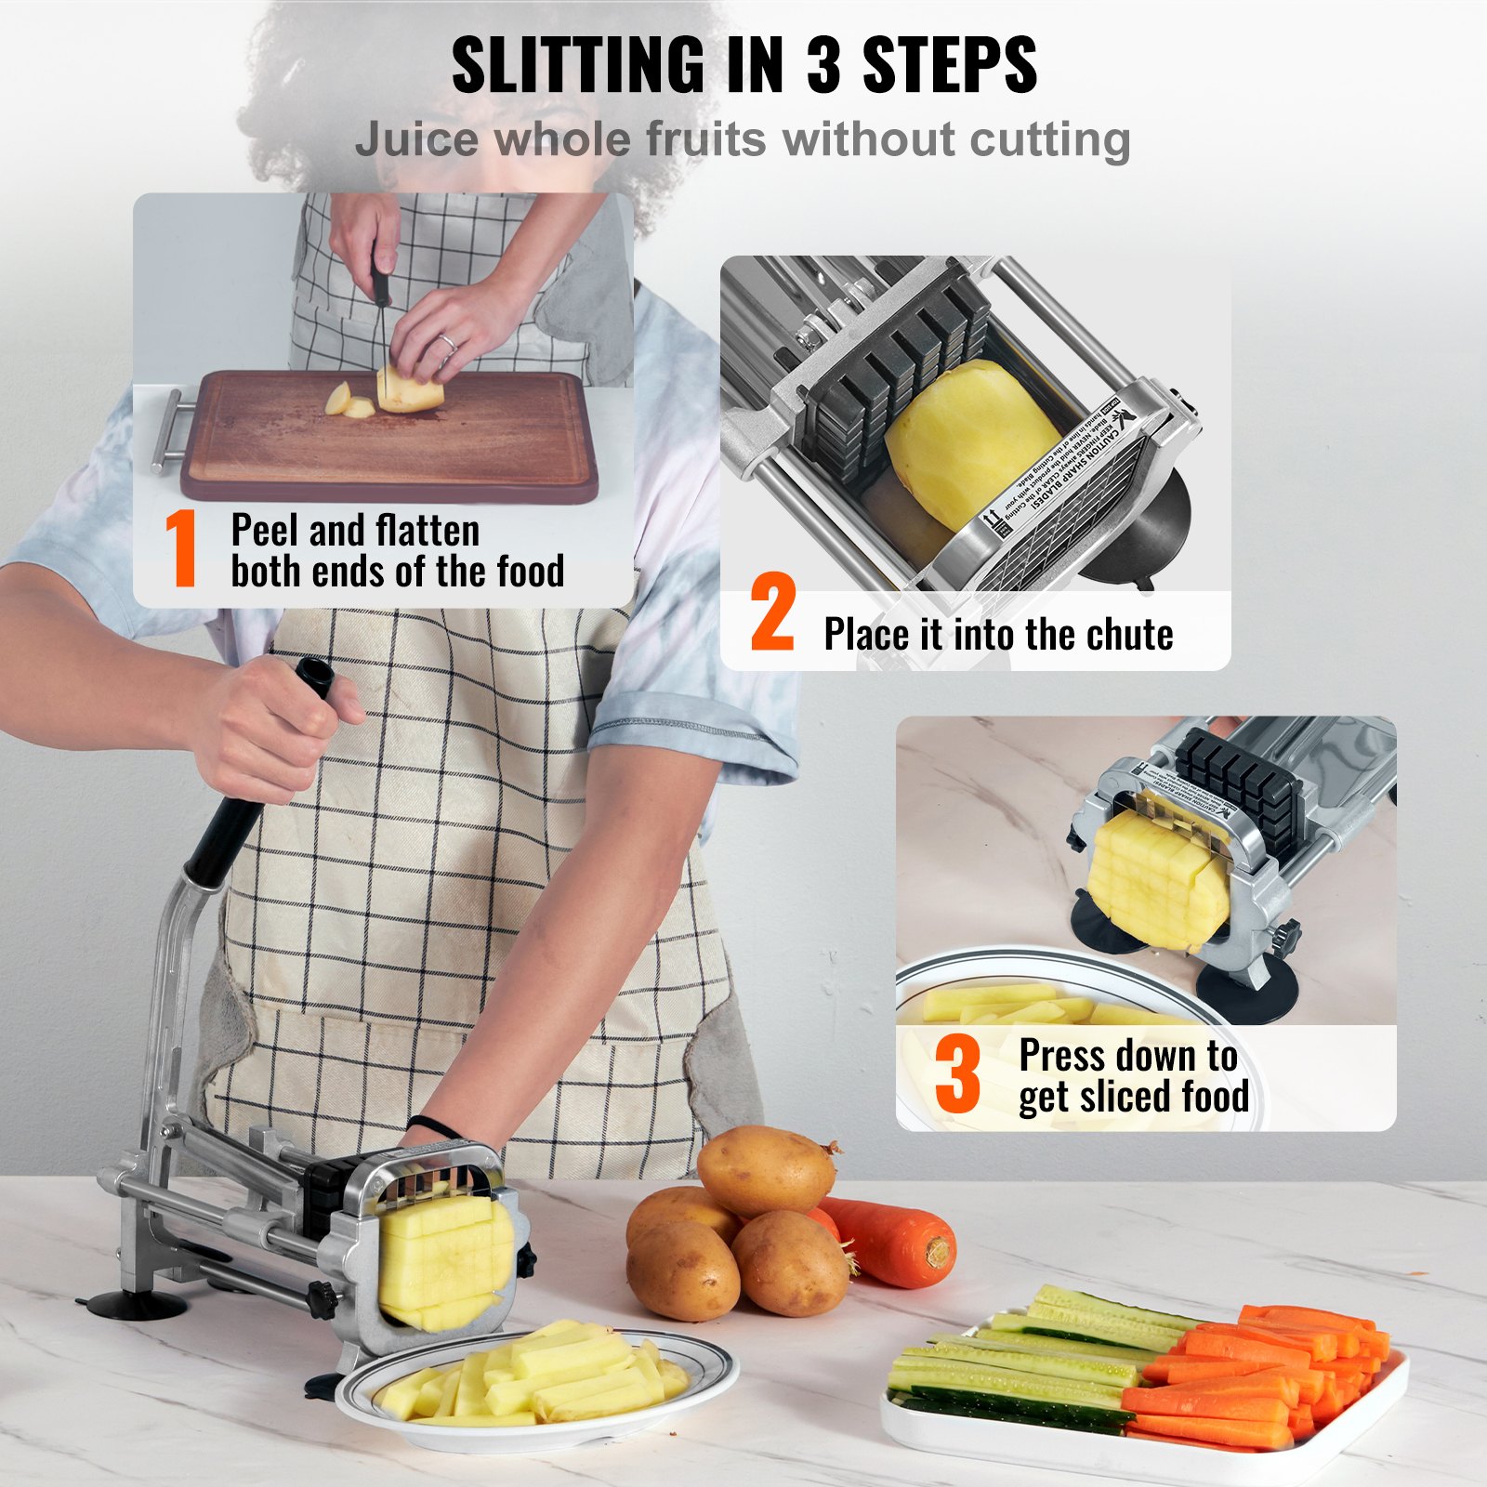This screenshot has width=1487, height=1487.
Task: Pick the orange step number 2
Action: point(772,613)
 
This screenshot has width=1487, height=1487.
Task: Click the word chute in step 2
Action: point(1129,636)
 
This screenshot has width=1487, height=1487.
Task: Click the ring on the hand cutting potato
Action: point(447,342)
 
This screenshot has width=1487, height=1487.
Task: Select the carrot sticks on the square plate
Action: point(1264,1366)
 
